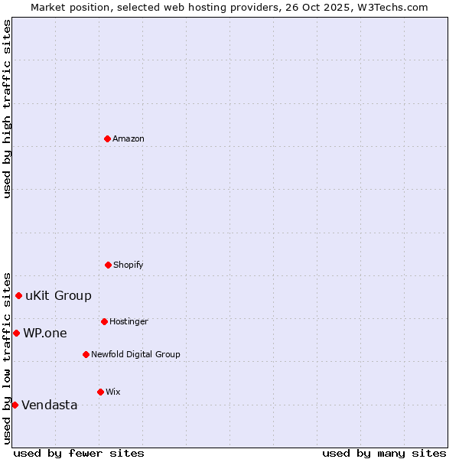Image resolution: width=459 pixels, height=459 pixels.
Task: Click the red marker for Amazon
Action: [x=107, y=138]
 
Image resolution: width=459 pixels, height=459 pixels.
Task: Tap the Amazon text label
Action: [x=129, y=139]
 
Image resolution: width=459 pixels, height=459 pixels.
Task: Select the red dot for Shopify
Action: [x=108, y=265]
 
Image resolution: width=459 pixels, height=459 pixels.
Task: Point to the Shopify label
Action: [x=129, y=265]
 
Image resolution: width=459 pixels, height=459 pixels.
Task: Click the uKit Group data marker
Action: [x=18, y=295]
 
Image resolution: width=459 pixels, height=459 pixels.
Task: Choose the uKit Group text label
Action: [x=58, y=296]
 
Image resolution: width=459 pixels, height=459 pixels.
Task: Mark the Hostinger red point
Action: [x=104, y=321]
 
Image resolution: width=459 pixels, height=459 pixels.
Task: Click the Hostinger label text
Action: [x=129, y=322]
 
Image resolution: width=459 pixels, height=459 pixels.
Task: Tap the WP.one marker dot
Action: [x=16, y=333]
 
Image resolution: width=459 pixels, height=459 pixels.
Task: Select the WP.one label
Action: [x=45, y=334]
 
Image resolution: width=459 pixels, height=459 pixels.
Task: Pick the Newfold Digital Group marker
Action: [x=86, y=354]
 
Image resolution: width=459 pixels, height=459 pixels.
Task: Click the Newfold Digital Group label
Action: [x=136, y=355]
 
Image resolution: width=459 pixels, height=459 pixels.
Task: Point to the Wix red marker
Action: [x=100, y=392]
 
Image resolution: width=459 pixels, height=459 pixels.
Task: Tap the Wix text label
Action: [x=113, y=392]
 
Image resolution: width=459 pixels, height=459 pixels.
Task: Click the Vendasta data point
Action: [x=15, y=405]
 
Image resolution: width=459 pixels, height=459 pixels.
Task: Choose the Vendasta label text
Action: [x=50, y=405]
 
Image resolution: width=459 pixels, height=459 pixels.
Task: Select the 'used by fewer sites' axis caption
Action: [x=79, y=454]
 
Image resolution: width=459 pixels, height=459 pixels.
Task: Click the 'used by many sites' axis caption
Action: [x=384, y=454]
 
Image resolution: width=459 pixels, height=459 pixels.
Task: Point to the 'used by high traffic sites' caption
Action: [x=7, y=109]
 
